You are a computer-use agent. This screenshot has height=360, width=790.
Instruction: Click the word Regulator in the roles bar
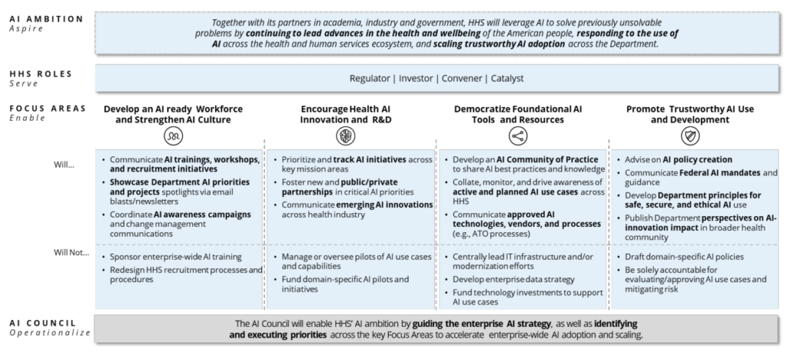[x=372, y=78]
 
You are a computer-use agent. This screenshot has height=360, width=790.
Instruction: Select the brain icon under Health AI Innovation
[x=348, y=136]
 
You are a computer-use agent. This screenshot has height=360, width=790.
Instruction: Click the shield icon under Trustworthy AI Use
[x=690, y=136]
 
